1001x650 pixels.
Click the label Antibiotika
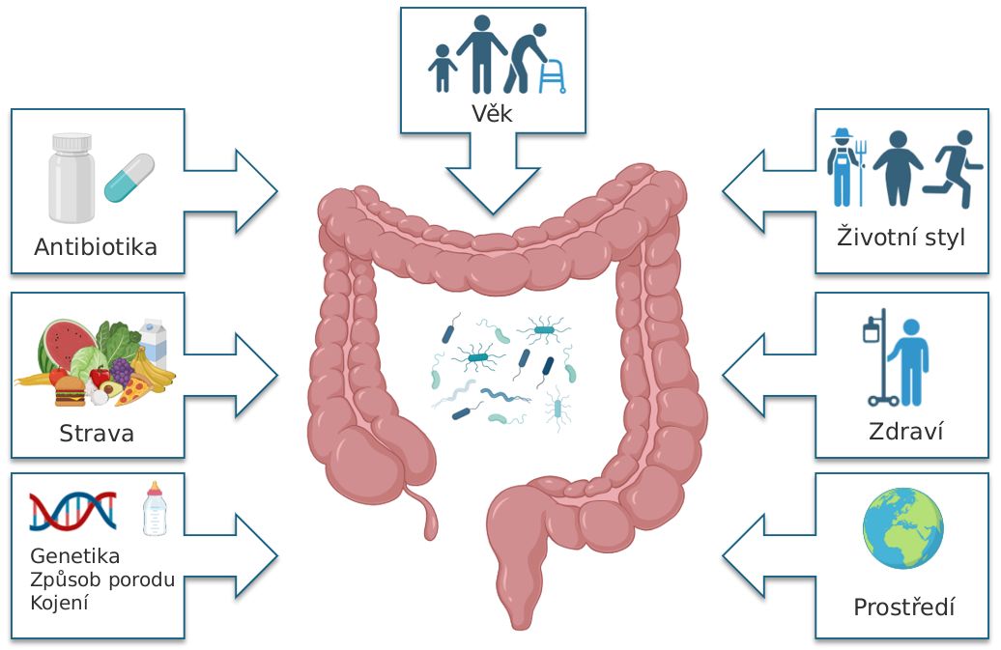[x=96, y=247]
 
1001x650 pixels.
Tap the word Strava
[x=97, y=433]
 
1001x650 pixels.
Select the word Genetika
[x=75, y=556]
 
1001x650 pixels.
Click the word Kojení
[x=60, y=603]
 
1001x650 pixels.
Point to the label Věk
[x=492, y=115]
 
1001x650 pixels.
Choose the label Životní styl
[x=901, y=237]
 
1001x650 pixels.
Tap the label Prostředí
[x=903, y=608]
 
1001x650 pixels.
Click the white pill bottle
[x=72, y=178]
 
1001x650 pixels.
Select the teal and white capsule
[x=129, y=178]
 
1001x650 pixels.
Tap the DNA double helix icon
[x=72, y=511]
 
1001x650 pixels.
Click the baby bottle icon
[x=154, y=509]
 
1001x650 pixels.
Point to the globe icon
[x=902, y=527]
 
